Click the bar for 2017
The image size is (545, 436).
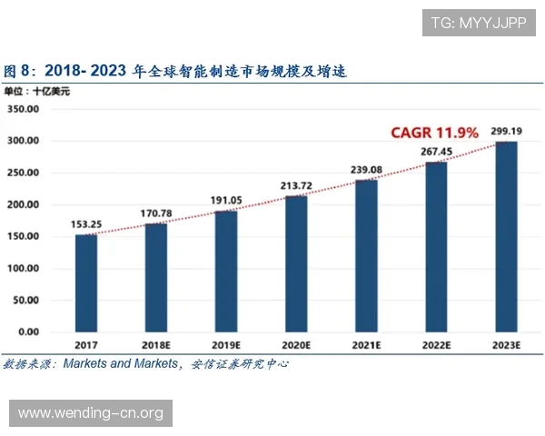coord(85,282)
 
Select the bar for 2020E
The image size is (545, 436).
coord(297,263)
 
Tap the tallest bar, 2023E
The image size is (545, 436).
coord(507,236)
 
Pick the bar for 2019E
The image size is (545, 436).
coord(226,271)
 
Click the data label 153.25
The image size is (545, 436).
coord(85,224)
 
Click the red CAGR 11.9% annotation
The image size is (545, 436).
coord(434,133)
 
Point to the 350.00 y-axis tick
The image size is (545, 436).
coord(23,109)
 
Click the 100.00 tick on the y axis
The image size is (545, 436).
coord(23,269)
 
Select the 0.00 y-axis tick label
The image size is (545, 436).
coord(28,332)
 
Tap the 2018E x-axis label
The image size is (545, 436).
coord(156,346)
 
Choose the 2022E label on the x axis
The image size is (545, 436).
coord(437,346)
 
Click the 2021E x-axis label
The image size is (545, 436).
coord(367,346)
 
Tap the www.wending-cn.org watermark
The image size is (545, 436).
coord(91,413)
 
